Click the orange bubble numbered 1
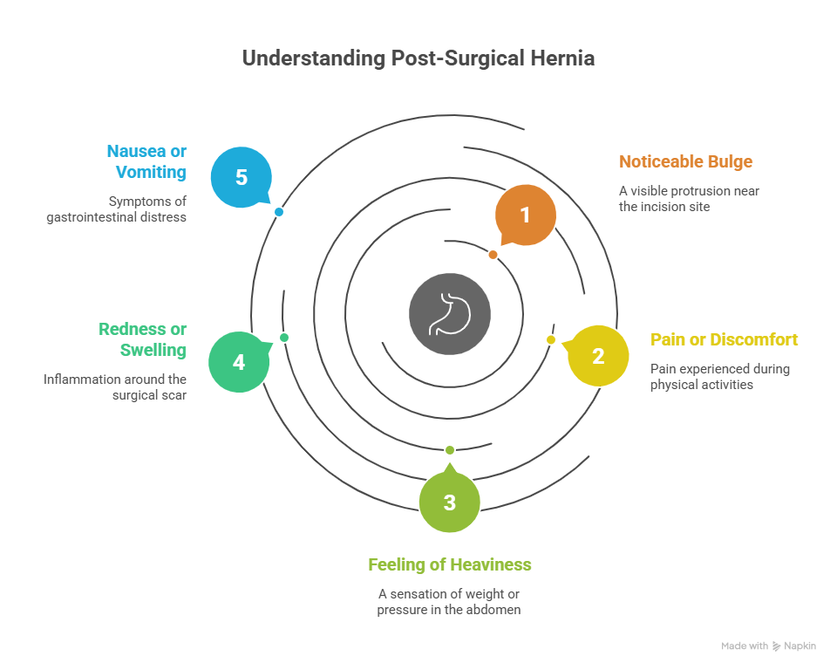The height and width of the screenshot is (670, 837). (x=525, y=215)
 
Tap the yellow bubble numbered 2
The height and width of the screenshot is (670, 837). (x=598, y=356)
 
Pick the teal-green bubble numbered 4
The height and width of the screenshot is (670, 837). (x=239, y=362)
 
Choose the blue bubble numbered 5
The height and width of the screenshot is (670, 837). (x=242, y=177)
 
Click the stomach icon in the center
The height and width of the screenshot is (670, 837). (x=450, y=314)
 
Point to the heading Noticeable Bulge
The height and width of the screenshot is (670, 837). (x=685, y=161)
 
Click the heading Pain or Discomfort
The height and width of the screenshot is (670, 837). (x=724, y=339)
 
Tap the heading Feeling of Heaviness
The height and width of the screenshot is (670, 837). (x=450, y=564)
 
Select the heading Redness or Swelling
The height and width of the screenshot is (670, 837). (x=143, y=339)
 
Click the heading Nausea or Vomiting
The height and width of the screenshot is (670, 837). (x=146, y=161)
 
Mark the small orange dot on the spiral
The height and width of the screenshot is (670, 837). (x=493, y=255)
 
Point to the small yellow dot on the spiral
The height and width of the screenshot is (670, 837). (x=551, y=340)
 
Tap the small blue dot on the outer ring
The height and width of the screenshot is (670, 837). (x=279, y=212)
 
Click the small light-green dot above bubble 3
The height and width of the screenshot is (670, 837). (x=450, y=450)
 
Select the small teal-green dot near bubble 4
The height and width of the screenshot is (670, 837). (x=284, y=338)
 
